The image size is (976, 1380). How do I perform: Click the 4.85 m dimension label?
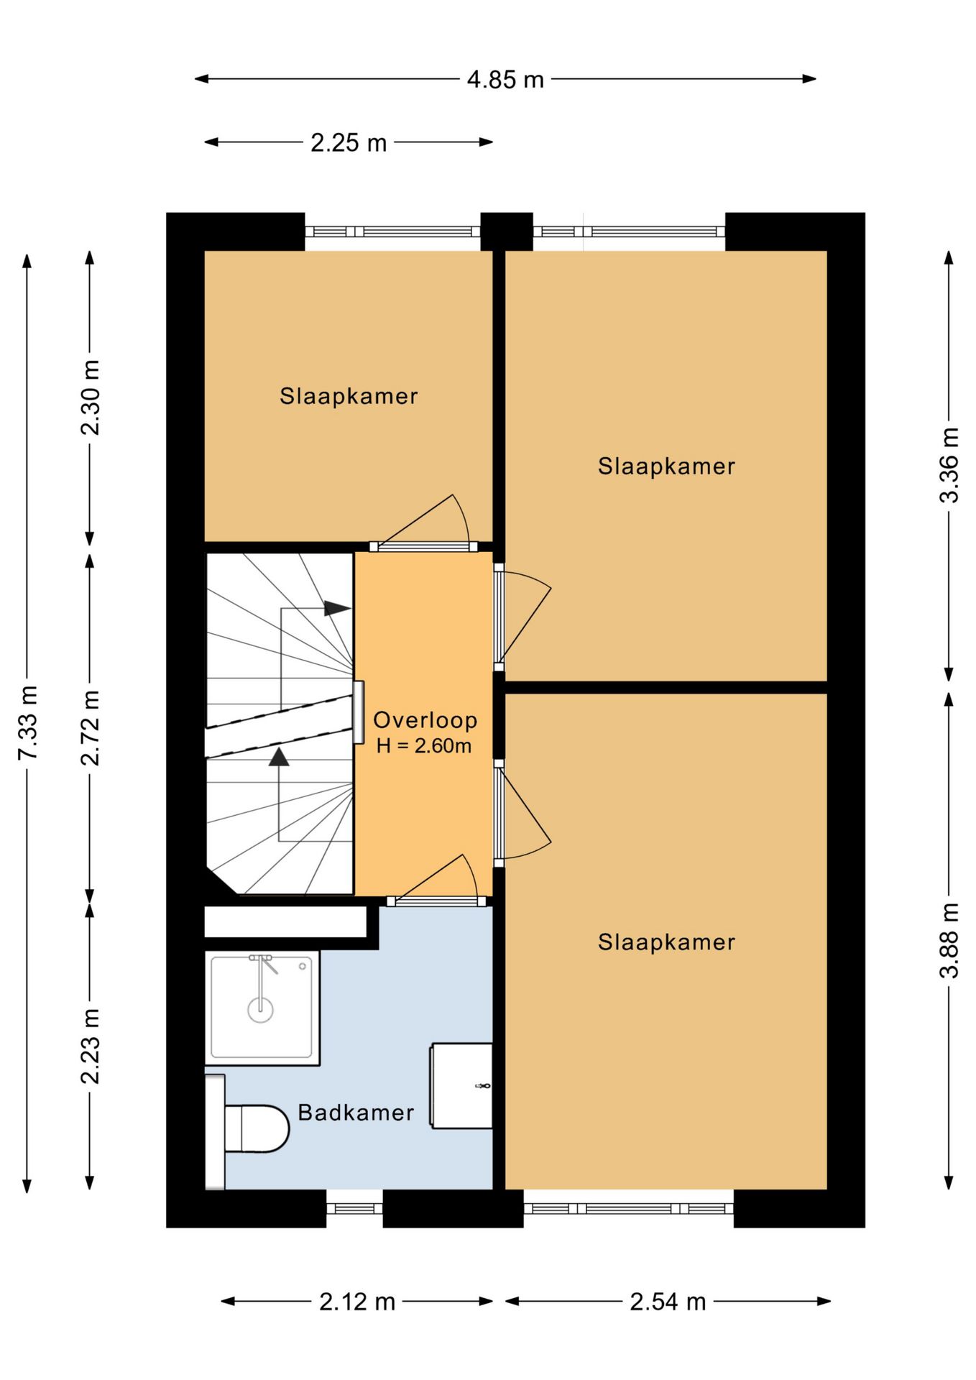[505, 79]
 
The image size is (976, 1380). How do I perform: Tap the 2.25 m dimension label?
[349, 142]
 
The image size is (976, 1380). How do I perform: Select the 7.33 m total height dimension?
[27, 722]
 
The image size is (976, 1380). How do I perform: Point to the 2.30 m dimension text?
[90, 397]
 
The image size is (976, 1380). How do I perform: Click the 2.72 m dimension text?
[90, 727]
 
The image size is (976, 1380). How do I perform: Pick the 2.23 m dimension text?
[90, 1046]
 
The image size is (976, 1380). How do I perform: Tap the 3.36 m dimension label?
[949, 465]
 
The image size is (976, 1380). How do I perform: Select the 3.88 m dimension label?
[949, 940]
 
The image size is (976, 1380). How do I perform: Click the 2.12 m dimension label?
[357, 1301]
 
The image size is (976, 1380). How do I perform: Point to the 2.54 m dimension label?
[668, 1301]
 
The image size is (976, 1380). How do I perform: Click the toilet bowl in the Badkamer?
[257, 1128]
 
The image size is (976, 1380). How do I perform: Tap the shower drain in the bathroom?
[260, 1010]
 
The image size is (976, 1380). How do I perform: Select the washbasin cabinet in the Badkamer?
[461, 1085]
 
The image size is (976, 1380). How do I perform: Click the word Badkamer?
[356, 1113]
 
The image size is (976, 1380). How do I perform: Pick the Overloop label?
[425, 720]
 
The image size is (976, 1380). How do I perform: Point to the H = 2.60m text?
[424, 746]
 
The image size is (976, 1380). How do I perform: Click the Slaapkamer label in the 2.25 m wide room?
[349, 396]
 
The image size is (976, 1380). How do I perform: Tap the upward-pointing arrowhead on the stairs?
[279, 757]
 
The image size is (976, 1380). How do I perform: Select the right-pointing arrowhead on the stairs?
[337, 608]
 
